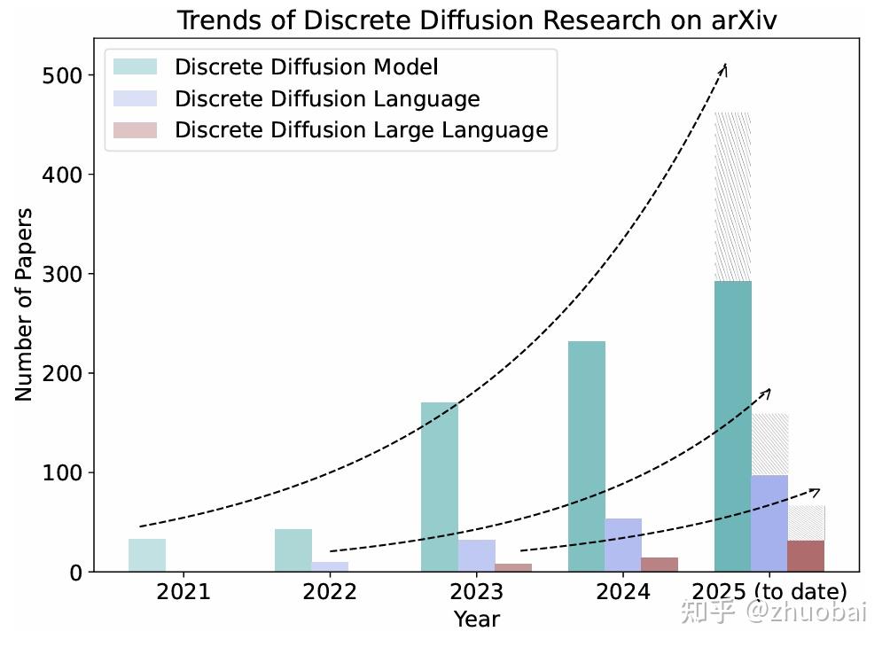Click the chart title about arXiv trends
[x=476, y=19]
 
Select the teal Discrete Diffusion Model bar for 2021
[x=147, y=555]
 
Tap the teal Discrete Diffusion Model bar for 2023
[x=440, y=487]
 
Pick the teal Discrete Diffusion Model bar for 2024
[x=586, y=456]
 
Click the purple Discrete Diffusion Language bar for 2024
[x=623, y=545]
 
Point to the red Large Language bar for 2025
[x=806, y=556]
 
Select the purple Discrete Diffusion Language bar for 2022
[x=330, y=566]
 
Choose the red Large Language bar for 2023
[x=513, y=567]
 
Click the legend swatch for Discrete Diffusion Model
[x=135, y=66]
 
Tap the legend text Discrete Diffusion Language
[x=327, y=98]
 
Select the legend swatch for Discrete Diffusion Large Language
[x=135, y=130]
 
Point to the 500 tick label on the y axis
[x=61, y=76]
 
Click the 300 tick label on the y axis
[x=61, y=275]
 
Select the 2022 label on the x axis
[x=330, y=592]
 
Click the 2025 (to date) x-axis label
[x=769, y=592]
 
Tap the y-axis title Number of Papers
[x=24, y=304]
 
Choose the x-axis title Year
[x=476, y=619]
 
